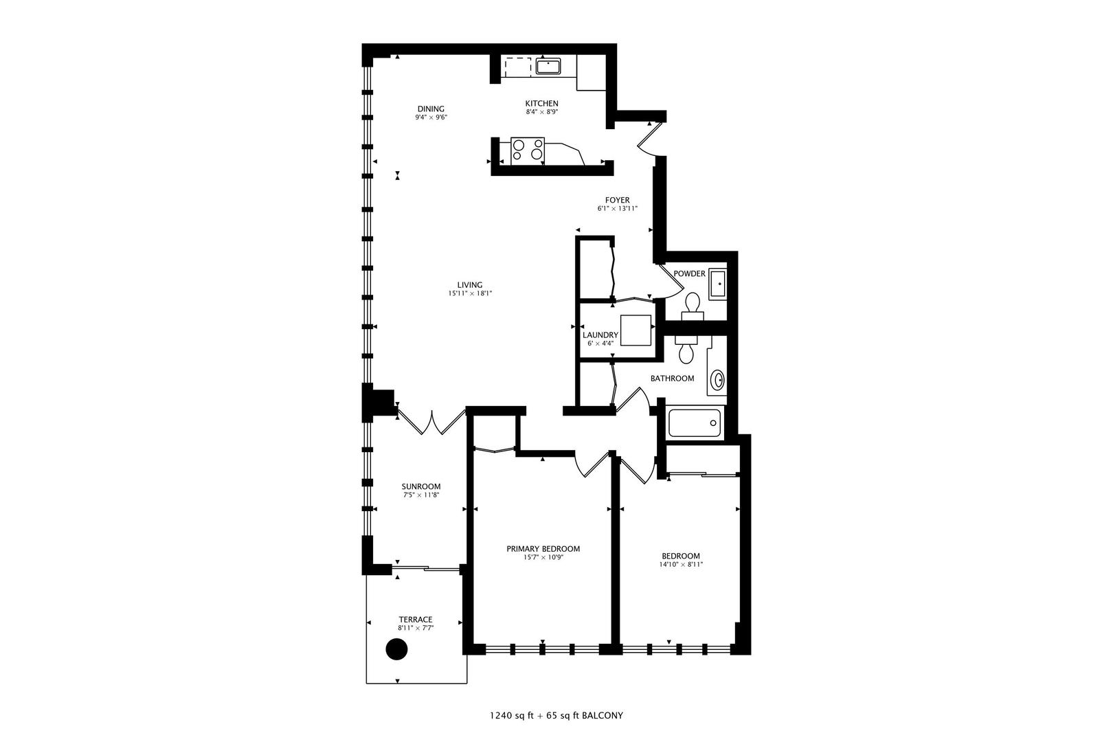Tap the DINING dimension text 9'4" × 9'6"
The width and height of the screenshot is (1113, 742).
coord(431,117)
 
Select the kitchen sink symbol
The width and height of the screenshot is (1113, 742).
coord(548,66)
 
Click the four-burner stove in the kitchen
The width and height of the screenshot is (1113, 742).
coord(528,150)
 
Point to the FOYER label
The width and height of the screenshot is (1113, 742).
coord(618,200)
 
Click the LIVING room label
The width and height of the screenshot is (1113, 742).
coord(470,284)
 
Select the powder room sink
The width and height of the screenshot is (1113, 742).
coord(717,283)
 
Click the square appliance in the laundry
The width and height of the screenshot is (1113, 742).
coord(636,330)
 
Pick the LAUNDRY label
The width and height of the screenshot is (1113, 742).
coord(600,335)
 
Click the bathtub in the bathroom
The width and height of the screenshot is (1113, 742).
coord(695,423)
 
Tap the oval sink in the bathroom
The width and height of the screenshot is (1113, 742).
coord(718,379)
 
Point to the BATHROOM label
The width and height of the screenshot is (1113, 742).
coord(672,378)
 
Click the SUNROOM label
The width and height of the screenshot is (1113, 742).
coord(421,486)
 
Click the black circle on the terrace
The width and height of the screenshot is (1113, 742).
coord(396,649)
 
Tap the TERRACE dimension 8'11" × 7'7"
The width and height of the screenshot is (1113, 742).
coord(416,628)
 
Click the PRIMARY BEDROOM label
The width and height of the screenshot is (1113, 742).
coord(543,548)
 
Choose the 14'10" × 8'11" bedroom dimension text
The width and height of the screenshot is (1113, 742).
coord(680,565)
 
